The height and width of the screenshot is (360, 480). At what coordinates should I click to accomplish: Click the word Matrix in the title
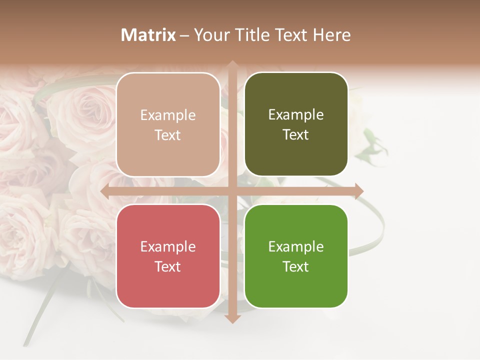tap(148, 35)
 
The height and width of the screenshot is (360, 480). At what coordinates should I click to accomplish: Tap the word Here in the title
tap(331, 35)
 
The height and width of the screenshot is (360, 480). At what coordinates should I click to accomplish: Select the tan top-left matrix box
tap(168, 124)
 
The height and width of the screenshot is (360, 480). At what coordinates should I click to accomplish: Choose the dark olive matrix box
tap(296, 124)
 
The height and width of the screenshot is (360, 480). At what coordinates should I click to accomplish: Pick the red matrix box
tap(168, 256)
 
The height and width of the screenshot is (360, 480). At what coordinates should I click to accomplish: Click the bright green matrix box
tap(296, 256)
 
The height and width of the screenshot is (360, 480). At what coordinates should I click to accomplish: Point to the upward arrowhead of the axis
tap(232, 65)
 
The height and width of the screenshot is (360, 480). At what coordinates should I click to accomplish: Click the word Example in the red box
tap(168, 246)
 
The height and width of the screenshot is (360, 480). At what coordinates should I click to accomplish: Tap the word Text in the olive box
tap(296, 134)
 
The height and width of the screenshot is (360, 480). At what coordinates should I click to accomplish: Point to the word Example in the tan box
tap(168, 115)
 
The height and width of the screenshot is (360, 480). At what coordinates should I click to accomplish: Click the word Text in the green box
tap(296, 266)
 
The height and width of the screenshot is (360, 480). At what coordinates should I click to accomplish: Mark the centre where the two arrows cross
tap(232, 191)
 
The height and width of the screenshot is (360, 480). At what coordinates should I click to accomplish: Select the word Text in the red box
tap(168, 266)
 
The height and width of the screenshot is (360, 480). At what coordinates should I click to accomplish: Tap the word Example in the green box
tap(296, 246)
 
